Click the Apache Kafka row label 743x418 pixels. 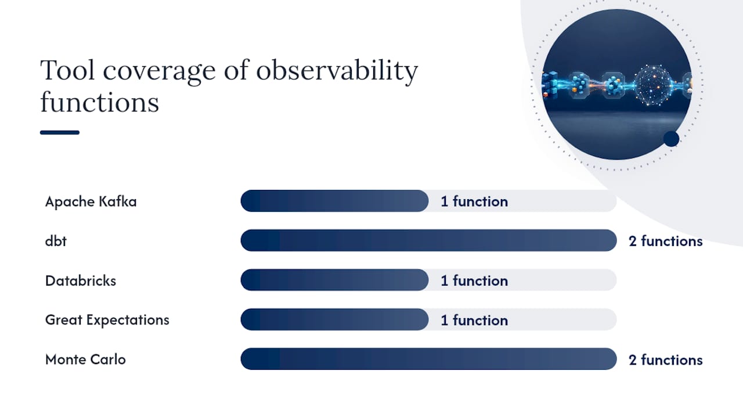91,201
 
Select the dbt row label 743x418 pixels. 56,241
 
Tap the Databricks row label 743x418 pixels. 81,280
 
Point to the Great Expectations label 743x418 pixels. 107,320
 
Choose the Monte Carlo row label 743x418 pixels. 85,359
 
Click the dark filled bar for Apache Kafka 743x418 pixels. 334,201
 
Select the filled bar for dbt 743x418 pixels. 428,240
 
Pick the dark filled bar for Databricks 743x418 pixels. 334,280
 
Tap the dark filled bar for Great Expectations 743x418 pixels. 334,319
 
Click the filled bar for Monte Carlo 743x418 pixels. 428,359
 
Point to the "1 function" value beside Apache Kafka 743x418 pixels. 474,201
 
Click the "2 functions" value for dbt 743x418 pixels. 666,241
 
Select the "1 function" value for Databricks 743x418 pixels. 474,281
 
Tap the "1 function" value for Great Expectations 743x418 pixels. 474,320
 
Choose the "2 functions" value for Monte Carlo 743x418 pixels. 666,360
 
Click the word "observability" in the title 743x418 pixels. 337,71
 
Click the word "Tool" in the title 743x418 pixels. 67,70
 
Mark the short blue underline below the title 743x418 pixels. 60,133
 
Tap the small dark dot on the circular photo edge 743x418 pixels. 672,139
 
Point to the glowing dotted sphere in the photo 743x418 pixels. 653,85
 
